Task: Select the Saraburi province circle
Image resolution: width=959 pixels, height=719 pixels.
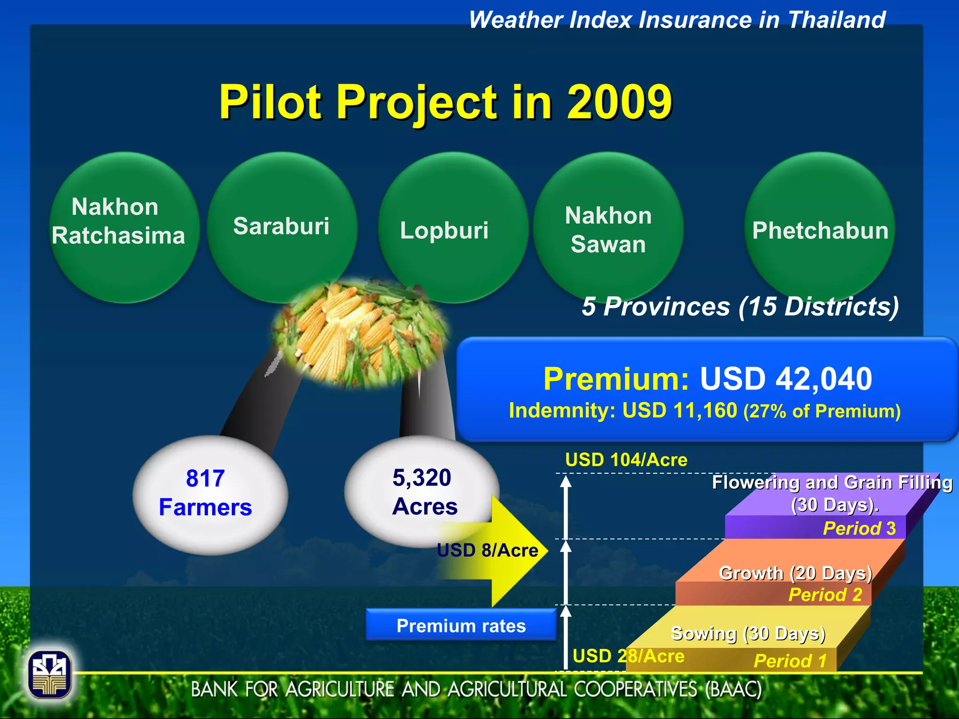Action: tap(282, 227)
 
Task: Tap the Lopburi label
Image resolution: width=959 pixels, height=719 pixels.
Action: tap(444, 230)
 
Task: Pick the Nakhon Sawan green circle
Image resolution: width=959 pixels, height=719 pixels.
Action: tap(608, 229)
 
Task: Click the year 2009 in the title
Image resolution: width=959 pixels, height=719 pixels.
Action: tap(620, 102)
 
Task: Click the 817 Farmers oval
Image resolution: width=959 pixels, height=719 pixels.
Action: tap(210, 494)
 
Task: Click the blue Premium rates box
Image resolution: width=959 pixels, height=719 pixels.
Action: tap(461, 625)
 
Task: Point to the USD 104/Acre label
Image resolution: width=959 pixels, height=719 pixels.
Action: tap(626, 460)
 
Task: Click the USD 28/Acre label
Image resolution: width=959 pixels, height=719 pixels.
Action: tap(628, 656)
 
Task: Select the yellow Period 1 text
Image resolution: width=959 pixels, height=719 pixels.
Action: tap(790, 660)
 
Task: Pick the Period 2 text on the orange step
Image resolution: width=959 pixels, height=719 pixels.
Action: tap(825, 594)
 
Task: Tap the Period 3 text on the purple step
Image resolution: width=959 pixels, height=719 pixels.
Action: tap(859, 528)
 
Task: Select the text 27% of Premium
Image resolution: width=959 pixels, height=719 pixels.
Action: tap(822, 411)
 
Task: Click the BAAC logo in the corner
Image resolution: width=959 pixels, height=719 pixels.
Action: tap(50, 675)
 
